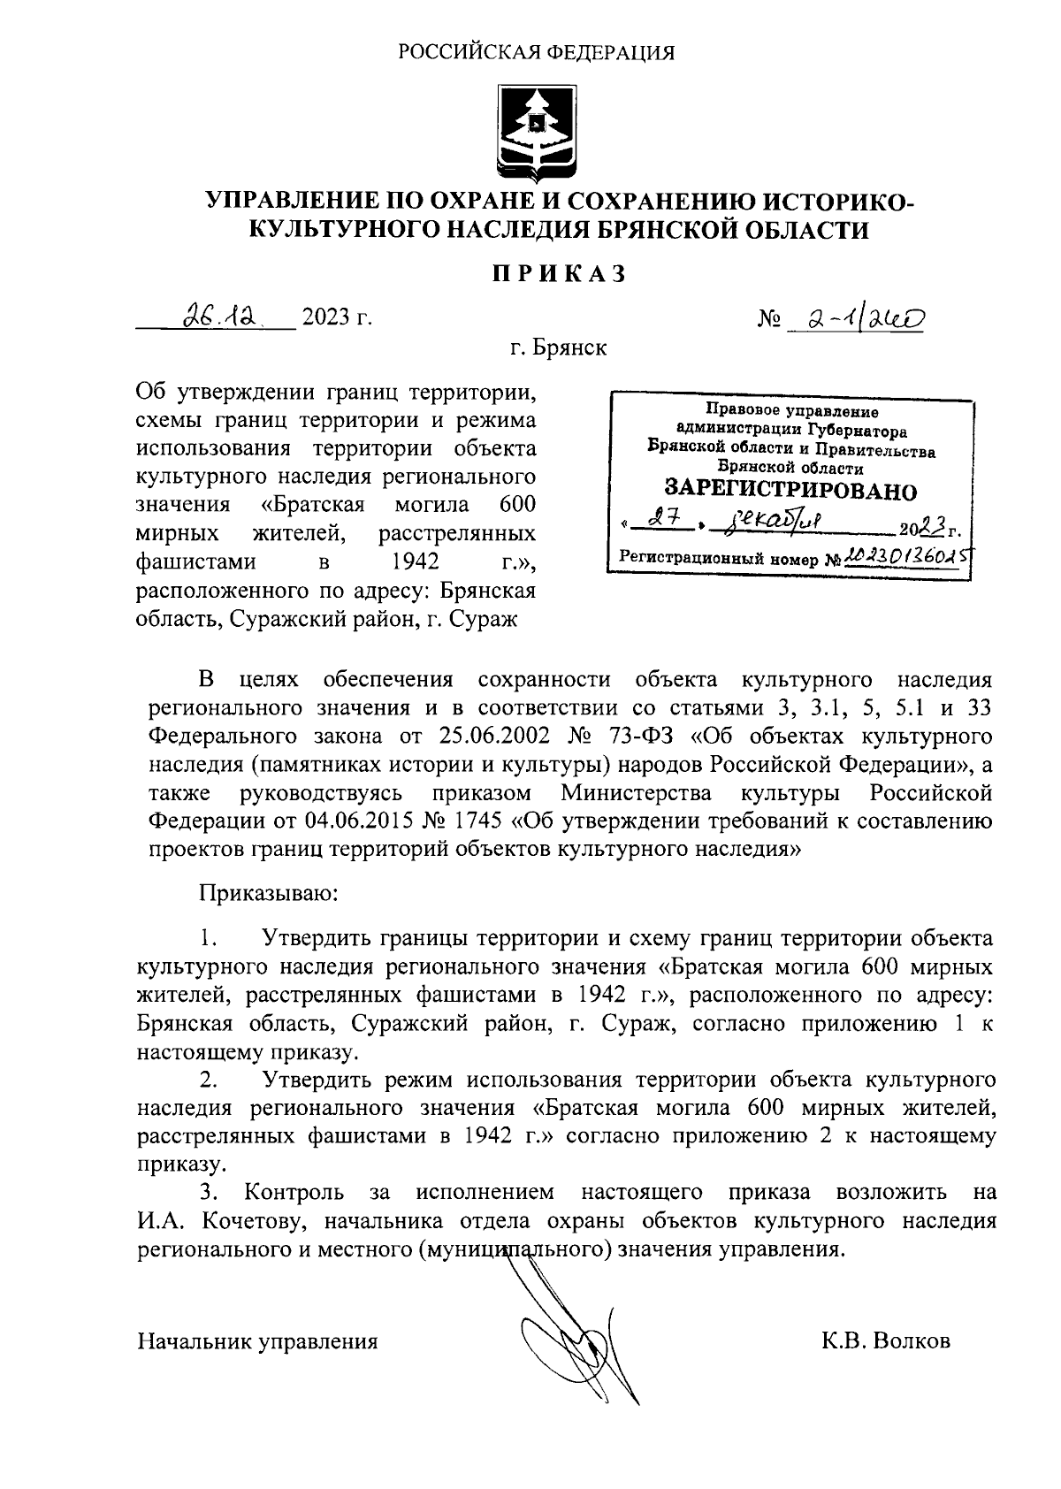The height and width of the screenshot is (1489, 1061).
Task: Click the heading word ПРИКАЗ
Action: pyautogui.click(x=559, y=274)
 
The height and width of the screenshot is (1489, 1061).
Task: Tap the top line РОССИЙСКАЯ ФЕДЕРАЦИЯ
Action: pyautogui.click(x=536, y=53)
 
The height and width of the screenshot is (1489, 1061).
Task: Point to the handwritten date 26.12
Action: pyautogui.click(x=216, y=315)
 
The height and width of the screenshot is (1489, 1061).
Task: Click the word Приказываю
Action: pyautogui.click(x=268, y=893)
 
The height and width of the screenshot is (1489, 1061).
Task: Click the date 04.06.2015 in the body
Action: pyautogui.click(x=356, y=820)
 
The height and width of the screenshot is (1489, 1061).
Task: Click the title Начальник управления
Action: pyautogui.click(x=257, y=1340)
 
